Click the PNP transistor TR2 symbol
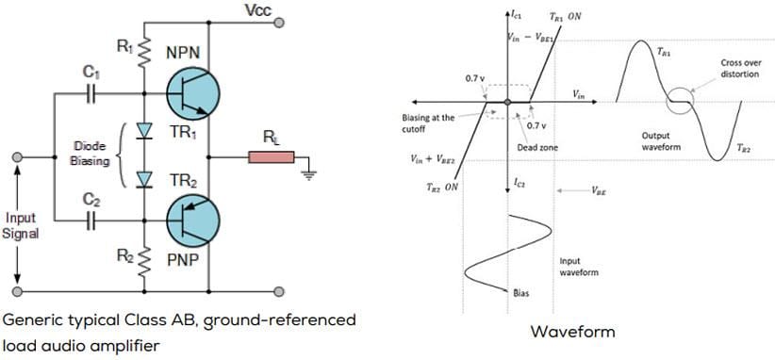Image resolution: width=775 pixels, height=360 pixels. point(192,221)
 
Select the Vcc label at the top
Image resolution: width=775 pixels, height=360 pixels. point(257,10)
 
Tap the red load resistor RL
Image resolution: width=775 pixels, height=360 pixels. point(272,156)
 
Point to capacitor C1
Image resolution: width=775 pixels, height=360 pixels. point(90,93)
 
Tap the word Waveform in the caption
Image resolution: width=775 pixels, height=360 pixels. point(572,331)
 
